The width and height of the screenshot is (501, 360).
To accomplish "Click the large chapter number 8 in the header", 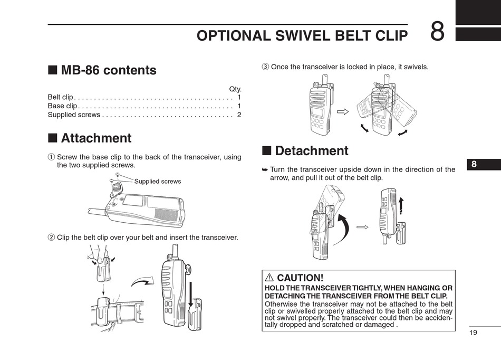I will point(437,32).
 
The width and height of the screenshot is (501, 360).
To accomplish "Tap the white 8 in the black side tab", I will point(474,164).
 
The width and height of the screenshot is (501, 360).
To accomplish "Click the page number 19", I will point(472,332).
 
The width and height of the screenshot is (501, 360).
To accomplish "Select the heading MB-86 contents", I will point(108,70).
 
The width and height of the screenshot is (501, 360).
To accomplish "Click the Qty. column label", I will point(235,89).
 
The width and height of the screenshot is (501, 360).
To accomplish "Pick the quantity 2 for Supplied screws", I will point(239,115).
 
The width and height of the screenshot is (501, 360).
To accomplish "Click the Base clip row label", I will point(62,106).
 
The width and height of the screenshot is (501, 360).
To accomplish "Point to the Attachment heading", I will point(96,138).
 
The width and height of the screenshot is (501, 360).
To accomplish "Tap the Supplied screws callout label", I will point(157,182).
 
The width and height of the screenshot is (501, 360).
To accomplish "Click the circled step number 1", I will point(51,157).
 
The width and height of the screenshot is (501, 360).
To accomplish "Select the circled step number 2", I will point(51,238).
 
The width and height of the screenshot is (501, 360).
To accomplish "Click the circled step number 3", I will point(266,67).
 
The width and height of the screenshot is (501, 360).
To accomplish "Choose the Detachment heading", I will point(311,151).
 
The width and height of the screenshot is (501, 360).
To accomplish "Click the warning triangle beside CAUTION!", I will point(269,278).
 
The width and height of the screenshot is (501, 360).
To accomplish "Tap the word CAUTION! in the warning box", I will point(300,278).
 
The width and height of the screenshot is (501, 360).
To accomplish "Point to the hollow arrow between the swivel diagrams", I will point(343,111).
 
